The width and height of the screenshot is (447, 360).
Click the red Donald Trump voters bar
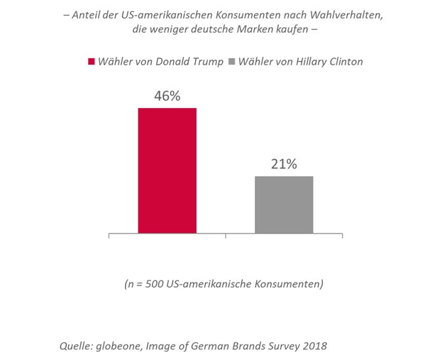click(167, 170)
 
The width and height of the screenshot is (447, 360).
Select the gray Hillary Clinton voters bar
click(284, 204)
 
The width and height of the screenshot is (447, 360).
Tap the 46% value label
click(167, 96)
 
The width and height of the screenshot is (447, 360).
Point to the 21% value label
click(284, 164)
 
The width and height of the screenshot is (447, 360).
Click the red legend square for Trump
click(92, 62)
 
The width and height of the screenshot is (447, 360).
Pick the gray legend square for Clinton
click(232, 62)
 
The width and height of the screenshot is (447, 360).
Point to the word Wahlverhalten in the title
click(346, 15)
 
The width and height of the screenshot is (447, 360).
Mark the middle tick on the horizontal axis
click(226, 236)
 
